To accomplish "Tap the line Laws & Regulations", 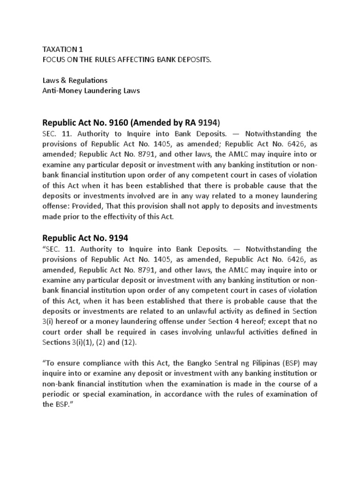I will [75, 81].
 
